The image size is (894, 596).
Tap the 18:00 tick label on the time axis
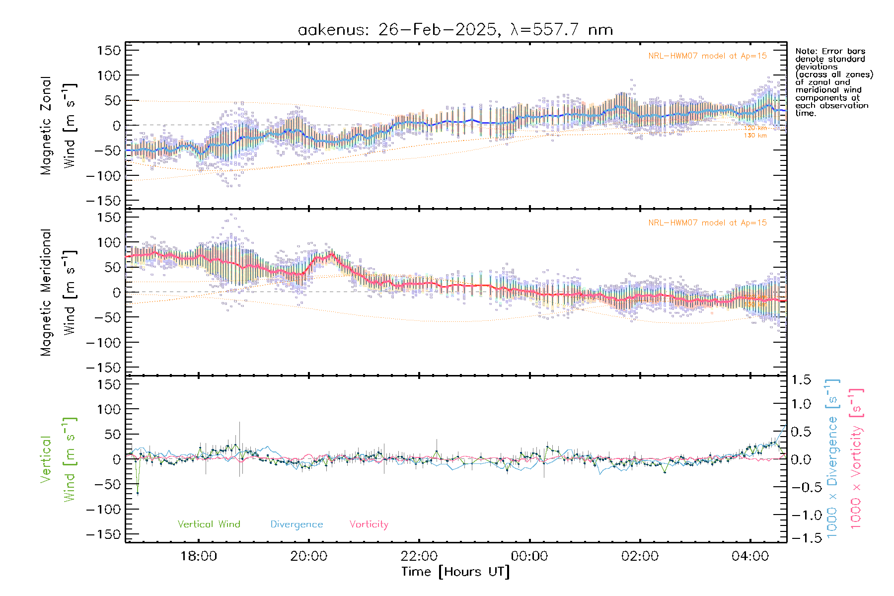[199, 556]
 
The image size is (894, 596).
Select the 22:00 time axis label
[420, 556]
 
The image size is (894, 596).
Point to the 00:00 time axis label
[529, 556]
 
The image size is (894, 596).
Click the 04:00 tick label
[750, 556]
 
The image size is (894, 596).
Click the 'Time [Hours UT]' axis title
[455, 572]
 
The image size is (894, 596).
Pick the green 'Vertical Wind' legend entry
[209, 524]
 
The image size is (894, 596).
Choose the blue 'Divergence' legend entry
[297, 524]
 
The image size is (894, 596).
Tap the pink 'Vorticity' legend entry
[369, 524]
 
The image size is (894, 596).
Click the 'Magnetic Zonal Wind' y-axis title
[58, 125]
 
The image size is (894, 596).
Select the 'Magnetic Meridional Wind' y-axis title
[58, 292]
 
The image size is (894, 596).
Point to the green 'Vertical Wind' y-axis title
[58, 459]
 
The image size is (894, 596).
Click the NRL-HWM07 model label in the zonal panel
[707, 56]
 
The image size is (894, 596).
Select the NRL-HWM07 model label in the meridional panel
[707, 223]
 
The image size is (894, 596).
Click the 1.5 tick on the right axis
[801, 380]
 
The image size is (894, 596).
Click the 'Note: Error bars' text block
[833, 82]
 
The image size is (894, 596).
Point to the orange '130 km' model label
[755, 136]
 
